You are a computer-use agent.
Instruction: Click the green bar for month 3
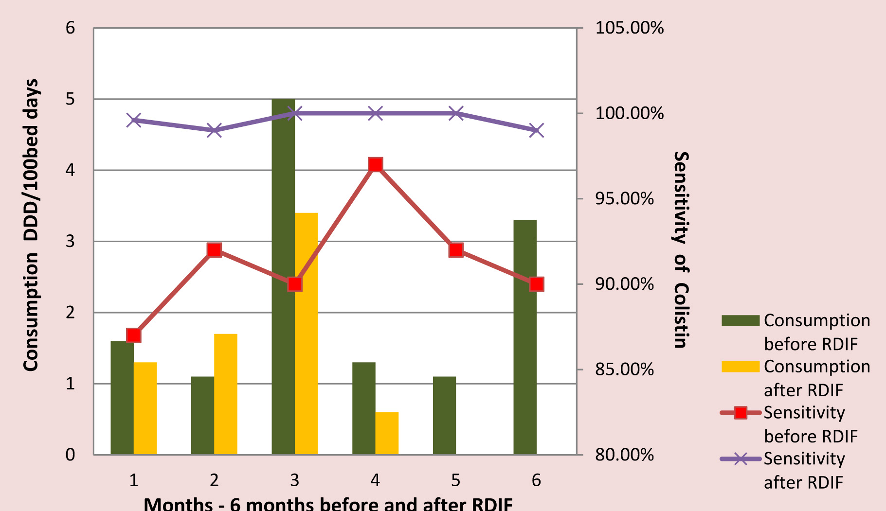tap(283, 277)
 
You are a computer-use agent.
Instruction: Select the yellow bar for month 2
tap(226, 394)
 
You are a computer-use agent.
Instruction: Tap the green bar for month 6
tap(525, 337)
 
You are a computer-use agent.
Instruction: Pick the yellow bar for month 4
tap(387, 433)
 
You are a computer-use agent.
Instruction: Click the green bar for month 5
tap(444, 416)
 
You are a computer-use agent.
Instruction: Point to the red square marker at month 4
tap(375, 165)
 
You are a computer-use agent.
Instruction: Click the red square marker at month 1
tap(134, 335)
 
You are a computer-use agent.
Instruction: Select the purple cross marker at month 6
tap(536, 130)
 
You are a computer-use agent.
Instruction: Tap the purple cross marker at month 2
tap(214, 130)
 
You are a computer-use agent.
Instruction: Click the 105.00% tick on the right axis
tap(629, 28)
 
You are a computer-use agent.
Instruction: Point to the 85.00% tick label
tap(624, 370)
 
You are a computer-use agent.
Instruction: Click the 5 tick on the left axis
tap(71, 99)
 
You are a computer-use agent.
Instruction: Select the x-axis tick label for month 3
tap(294, 480)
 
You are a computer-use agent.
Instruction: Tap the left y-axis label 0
tap(71, 455)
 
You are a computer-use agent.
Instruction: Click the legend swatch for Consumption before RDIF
tap(740, 320)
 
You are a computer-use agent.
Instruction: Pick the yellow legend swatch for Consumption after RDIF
tap(740, 367)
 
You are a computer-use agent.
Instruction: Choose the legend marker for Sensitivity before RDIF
tap(740, 413)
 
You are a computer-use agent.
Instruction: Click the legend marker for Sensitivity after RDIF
tap(740, 458)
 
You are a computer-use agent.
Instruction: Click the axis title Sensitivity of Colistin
tap(681, 250)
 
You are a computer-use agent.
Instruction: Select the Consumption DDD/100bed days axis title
tap(31, 226)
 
